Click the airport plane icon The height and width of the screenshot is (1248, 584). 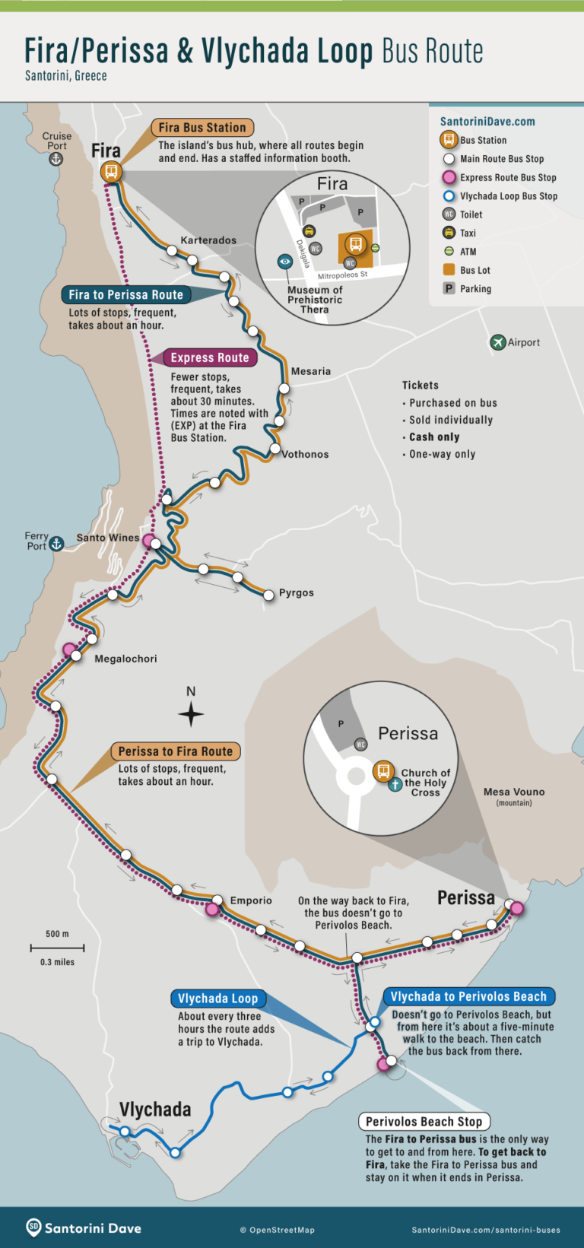(498, 342)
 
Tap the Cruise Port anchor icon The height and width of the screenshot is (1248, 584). (56, 159)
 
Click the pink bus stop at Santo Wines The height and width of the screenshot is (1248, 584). (149, 542)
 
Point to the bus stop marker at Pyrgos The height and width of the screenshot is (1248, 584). (268, 595)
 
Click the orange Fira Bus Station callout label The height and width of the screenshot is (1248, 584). (202, 128)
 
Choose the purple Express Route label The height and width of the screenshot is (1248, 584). (210, 357)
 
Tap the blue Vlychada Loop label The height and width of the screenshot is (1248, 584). (217, 999)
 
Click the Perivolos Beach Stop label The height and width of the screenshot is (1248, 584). (424, 1122)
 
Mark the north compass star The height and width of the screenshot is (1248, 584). (191, 714)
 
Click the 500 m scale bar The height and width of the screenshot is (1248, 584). (57, 948)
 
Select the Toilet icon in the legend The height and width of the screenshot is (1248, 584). (449, 214)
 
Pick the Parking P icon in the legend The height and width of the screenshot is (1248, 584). (449, 288)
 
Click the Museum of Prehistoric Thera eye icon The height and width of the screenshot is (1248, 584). (285, 262)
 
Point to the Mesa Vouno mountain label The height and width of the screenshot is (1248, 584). (514, 792)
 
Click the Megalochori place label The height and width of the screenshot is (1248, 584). (125, 659)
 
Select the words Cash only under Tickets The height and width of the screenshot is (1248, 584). (434, 437)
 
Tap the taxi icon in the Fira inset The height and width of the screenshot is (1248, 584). (309, 231)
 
